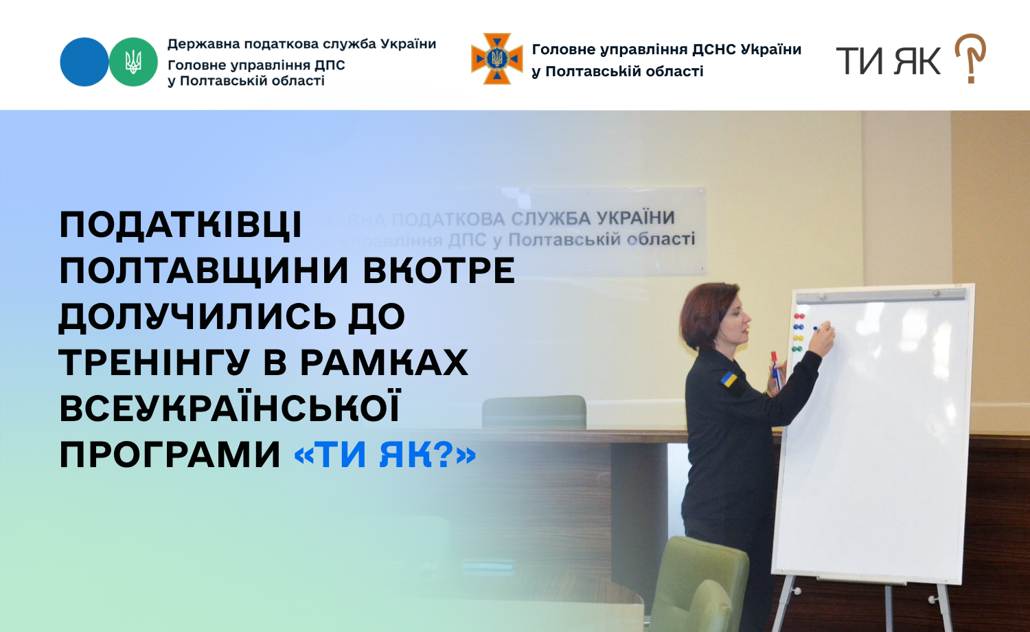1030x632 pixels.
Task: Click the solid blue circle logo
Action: tap(84, 62)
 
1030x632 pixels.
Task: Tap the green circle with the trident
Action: tap(133, 62)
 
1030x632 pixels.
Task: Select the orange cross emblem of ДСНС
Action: tap(497, 58)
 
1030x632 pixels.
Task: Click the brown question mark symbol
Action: tap(970, 58)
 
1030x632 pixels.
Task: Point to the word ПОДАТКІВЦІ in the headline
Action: tap(181, 225)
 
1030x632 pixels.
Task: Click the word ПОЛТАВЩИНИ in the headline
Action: tap(204, 271)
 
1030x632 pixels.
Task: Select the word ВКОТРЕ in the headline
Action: tap(439, 271)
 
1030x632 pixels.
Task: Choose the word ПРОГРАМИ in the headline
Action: tap(170, 455)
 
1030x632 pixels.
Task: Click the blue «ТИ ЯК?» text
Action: tap(385, 455)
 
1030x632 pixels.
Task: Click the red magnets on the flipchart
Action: tap(799, 317)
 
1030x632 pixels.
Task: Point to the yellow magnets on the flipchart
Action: tap(798, 338)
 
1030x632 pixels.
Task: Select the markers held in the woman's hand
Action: tap(776, 370)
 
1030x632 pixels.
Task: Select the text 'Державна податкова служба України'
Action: tap(301, 44)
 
